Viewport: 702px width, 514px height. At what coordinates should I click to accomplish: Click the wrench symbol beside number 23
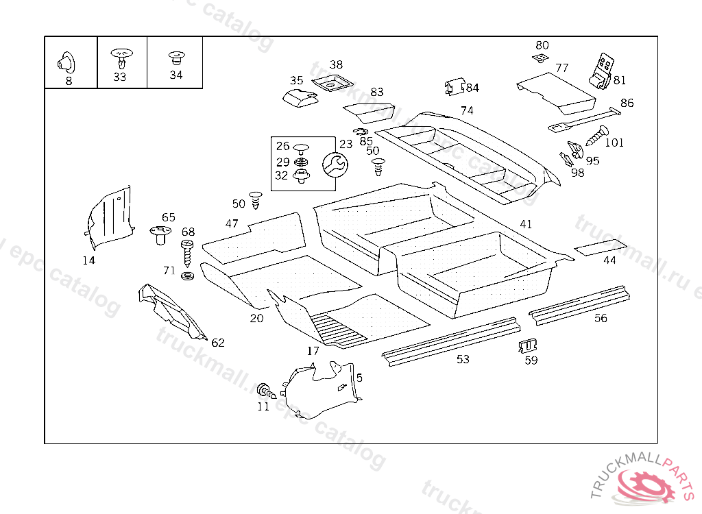click(x=335, y=164)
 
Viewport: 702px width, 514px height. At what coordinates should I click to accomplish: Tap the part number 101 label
click(x=615, y=143)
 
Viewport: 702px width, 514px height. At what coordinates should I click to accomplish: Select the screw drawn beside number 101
click(x=596, y=135)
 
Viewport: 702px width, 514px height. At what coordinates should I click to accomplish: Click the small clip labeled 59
click(x=528, y=345)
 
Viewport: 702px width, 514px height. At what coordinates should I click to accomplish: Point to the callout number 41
click(x=526, y=224)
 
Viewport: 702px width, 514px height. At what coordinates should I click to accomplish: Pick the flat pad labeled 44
click(x=600, y=247)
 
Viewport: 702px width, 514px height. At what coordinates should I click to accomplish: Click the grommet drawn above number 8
click(x=67, y=62)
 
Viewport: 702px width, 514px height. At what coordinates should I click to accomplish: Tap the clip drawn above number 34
click(x=175, y=57)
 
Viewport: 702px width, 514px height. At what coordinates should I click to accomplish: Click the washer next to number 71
click(x=187, y=276)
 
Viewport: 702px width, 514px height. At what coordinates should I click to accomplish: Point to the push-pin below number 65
click(x=162, y=235)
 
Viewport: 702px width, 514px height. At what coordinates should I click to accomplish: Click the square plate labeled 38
click(x=331, y=84)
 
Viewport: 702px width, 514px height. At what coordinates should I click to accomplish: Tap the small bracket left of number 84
click(x=452, y=87)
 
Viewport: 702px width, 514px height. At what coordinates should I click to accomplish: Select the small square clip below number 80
click(x=541, y=58)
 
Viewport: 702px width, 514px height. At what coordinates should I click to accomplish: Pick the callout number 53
click(x=463, y=359)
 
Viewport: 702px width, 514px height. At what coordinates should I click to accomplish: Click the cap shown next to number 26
click(x=300, y=147)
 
